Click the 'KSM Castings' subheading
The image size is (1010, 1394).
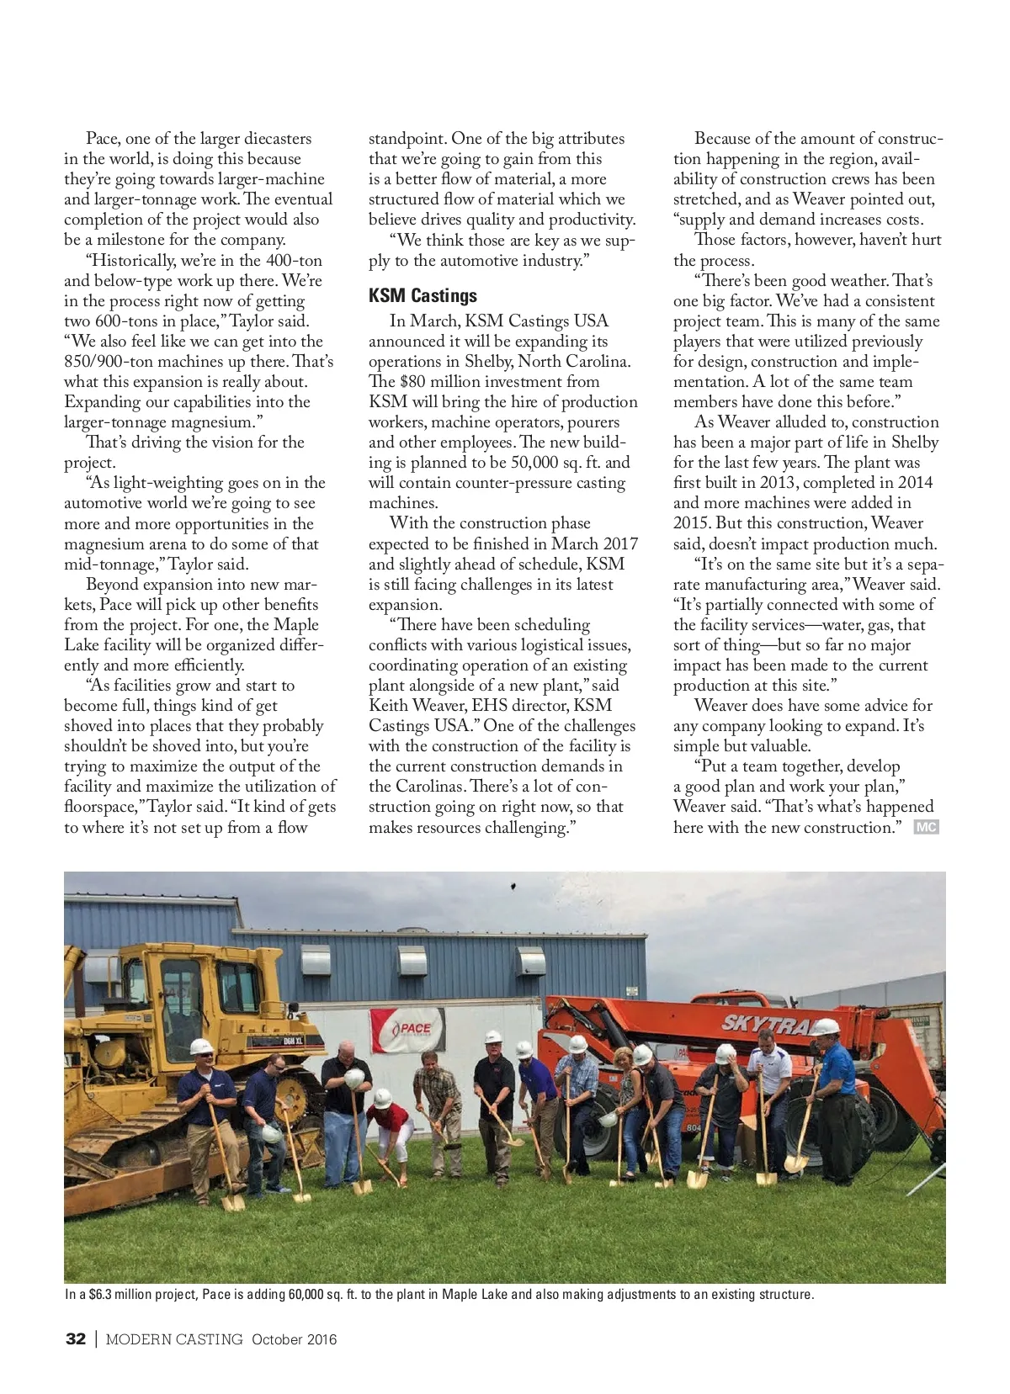point(423,296)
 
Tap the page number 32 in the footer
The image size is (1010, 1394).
point(75,1339)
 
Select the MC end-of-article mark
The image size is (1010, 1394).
point(926,828)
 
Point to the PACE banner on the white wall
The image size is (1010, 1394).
point(407,1030)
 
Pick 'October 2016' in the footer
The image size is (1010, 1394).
point(294,1339)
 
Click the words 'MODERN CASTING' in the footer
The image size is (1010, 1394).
point(175,1339)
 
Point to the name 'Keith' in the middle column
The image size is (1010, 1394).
point(388,706)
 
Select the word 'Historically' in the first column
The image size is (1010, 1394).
point(134,260)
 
